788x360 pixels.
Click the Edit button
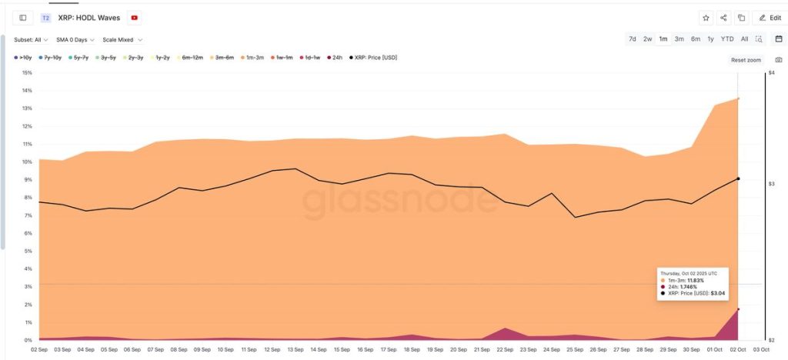(770, 18)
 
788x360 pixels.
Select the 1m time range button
(663, 38)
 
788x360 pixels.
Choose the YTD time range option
(727, 38)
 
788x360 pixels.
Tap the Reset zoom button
(745, 59)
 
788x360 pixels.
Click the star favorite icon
(706, 18)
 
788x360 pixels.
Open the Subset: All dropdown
(32, 39)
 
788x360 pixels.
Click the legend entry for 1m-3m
(252, 57)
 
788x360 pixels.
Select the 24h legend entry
(336, 57)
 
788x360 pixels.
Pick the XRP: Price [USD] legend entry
(373, 57)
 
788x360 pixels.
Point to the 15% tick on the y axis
(27, 73)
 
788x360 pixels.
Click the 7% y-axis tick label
(28, 215)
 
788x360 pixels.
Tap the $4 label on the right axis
(770, 73)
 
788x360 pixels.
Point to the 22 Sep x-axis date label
(506, 348)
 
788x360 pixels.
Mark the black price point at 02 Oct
(738, 178)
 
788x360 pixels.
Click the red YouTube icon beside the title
(135, 18)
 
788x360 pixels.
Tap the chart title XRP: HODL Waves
(88, 18)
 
